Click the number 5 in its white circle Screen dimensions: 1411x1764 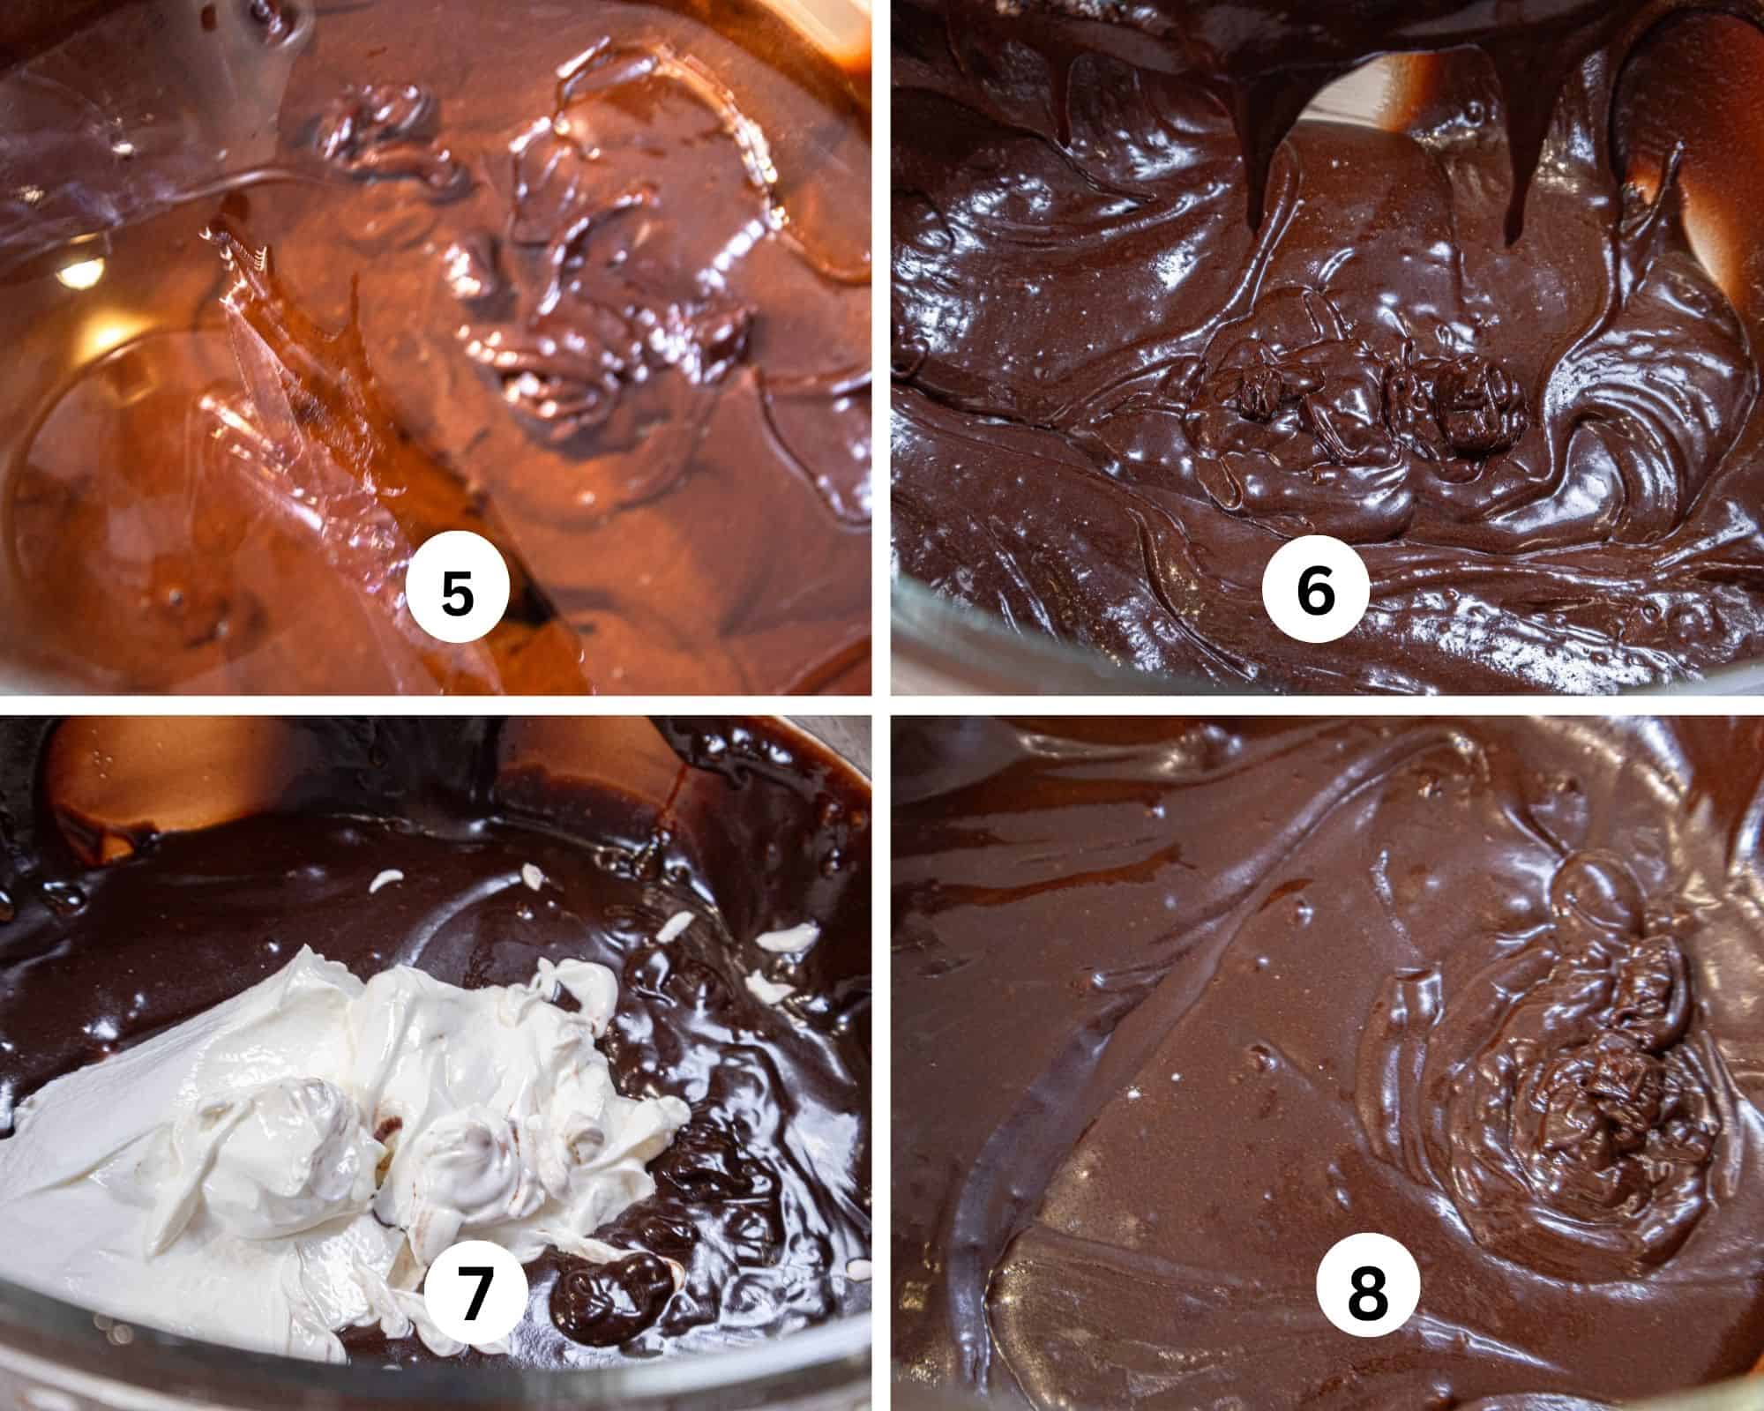(x=457, y=592)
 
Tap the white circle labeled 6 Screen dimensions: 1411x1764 (x=1314, y=592)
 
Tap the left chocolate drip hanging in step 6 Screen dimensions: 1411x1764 (x=1270, y=185)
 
